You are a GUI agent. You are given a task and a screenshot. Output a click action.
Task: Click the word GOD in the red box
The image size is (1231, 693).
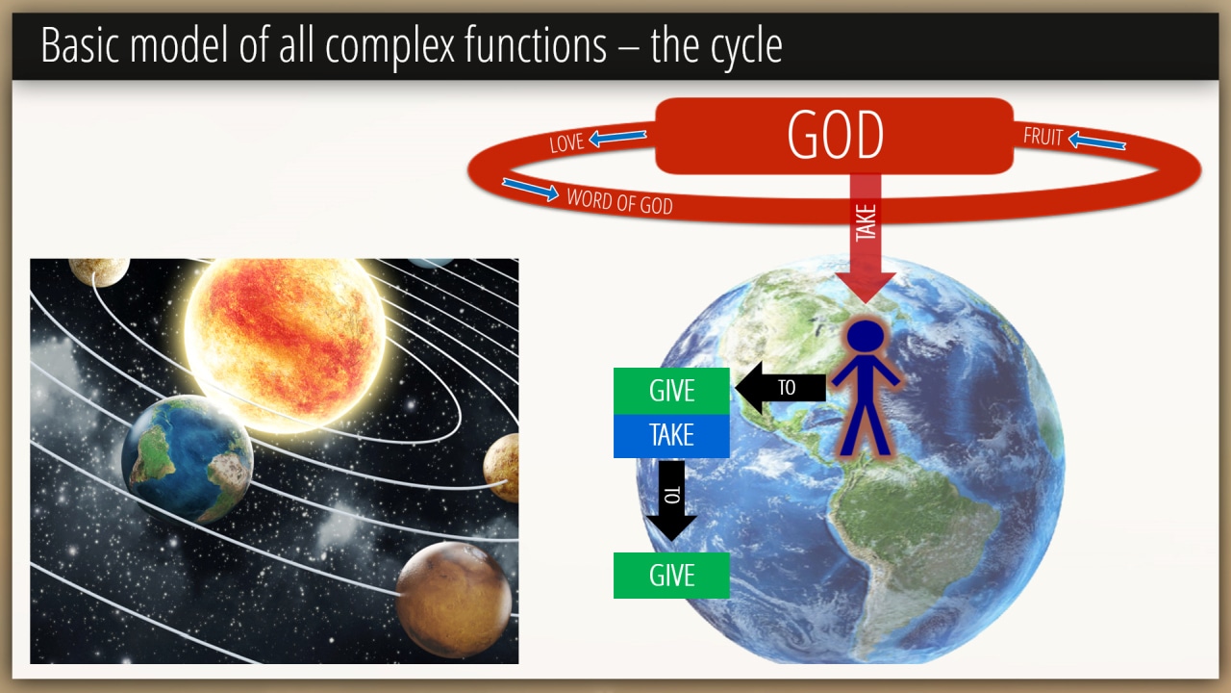pyautogui.click(x=836, y=135)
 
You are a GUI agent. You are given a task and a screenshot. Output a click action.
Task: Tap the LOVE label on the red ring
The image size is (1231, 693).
pyautogui.click(x=566, y=143)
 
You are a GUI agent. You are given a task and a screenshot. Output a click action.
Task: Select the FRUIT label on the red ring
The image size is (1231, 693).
pyautogui.click(x=1043, y=137)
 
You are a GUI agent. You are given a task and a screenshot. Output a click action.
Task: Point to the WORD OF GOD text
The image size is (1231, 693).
pyautogui.click(x=619, y=201)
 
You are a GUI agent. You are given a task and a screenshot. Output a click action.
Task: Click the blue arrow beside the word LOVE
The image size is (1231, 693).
pyautogui.click(x=617, y=137)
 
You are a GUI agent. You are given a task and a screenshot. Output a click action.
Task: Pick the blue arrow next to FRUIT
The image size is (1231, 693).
pyautogui.click(x=1097, y=141)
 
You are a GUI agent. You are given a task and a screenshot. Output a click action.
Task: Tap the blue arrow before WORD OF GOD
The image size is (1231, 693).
pyautogui.click(x=530, y=190)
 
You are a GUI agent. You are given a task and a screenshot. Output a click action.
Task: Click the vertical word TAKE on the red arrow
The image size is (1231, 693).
pyautogui.click(x=866, y=222)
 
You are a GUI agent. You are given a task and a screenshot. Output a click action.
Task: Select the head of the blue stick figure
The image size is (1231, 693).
pyautogui.click(x=866, y=336)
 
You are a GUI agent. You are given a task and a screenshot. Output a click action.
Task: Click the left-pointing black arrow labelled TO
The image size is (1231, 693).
pyautogui.click(x=780, y=388)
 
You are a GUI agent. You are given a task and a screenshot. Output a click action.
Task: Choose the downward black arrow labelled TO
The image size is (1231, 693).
pyautogui.click(x=671, y=500)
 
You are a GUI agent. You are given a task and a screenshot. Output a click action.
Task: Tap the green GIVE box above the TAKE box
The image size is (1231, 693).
pyautogui.click(x=671, y=391)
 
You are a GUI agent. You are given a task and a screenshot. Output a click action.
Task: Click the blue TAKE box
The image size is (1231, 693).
pyautogui.click(x=671, y=436)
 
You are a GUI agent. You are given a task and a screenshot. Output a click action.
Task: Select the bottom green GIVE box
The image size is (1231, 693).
pyautogui.click(x=671, y=576)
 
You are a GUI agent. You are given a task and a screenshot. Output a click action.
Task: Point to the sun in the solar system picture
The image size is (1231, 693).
pyautogui.click(x=285, y=344)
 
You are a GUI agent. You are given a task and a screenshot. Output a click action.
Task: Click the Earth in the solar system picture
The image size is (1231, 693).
pyautogui.click(x=187, y=458)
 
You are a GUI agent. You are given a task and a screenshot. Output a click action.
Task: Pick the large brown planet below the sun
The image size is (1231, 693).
pyautogui.click(x=453, y=600)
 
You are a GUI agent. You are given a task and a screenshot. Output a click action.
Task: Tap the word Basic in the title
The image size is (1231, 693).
pyautogui.click(x=80, y=44)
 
